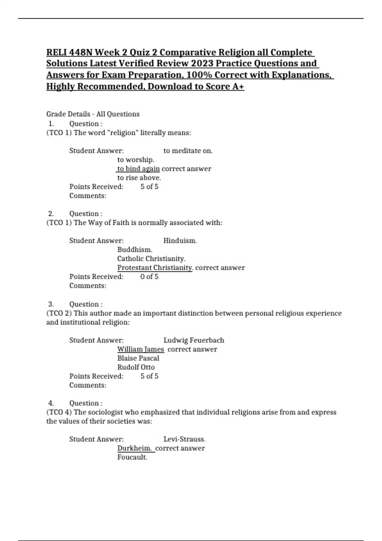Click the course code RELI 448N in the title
pos(69,52)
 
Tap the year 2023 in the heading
pos(202,64)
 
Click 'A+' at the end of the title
pos(238,87)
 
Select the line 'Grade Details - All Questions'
pos(93,114)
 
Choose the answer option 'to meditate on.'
pos(188,151)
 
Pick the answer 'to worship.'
pos(136,160)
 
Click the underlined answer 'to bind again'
pos(138,169)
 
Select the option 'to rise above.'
pos(139,178)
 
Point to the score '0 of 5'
pos(149,277)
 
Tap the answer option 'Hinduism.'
pos(180,241)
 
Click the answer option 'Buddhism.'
pos(135,249)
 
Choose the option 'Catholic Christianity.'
pos(151,258)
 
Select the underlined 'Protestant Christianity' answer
pos(155,268)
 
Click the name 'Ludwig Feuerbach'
pos(194,340)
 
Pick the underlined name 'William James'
pos(140,349)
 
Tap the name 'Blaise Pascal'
pos(138,358)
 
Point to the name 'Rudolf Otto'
pos(136,367)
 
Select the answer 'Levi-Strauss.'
pos(184,439)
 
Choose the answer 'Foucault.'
pos(132,457)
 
